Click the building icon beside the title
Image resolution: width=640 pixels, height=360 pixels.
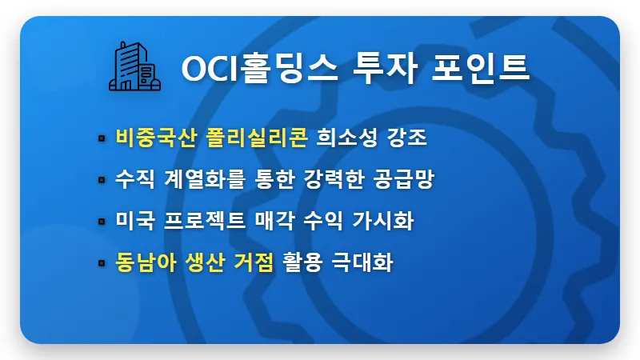pos(134,66)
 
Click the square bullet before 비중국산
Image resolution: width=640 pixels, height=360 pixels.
pos(102,138)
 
